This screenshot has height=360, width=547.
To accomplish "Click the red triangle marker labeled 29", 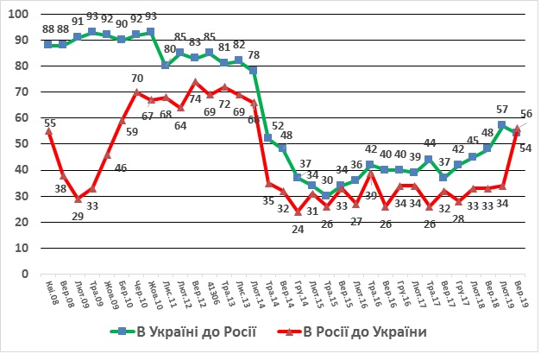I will (78, 199).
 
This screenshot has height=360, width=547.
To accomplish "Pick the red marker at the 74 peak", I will (195, 82).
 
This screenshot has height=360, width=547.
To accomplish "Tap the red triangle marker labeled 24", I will (298, 212).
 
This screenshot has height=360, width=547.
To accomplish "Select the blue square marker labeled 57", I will (502, 126).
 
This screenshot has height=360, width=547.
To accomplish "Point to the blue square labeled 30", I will (327, 196).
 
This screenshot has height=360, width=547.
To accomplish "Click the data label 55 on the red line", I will (50, 123).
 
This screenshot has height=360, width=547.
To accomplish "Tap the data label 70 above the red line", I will (136, 79).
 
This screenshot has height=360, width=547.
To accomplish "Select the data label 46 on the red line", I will (121, 167).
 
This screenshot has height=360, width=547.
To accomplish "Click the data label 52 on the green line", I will (278, 126).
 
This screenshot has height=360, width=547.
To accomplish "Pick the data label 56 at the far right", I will (525, 114).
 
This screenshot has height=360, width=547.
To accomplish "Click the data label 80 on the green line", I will (169, 49).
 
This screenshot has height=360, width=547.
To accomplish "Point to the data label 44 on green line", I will (429, 143).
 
